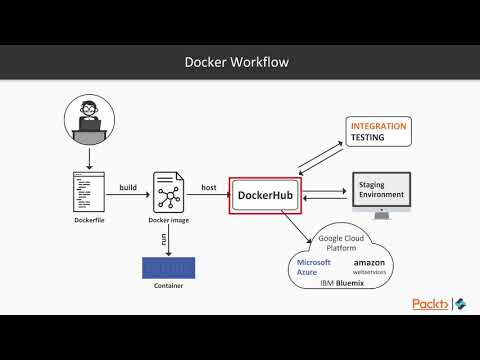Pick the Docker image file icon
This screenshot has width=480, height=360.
[x=167, y=190]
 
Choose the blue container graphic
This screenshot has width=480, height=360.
[x=169, y=268]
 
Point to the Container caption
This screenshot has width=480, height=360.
[x=169, y=287]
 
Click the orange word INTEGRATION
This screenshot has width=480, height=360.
[x=378, y=127]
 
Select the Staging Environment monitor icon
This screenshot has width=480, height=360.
[x=381, y=191]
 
